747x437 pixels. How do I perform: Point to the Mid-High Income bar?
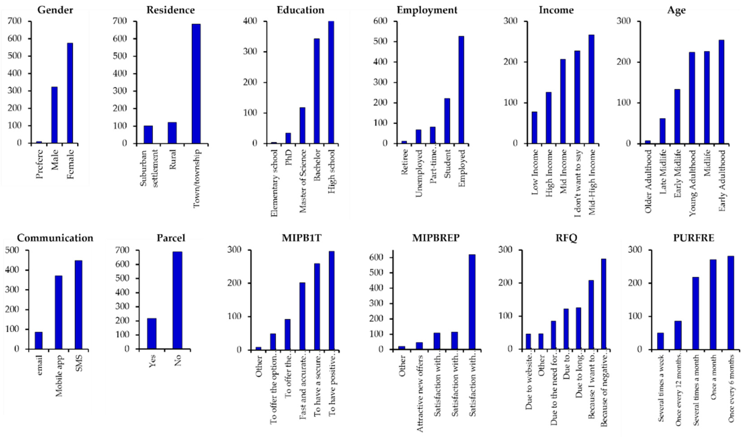tap(591, 89)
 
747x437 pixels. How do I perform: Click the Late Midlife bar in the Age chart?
tap(662, 131)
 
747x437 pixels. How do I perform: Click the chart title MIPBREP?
tap(436, 238)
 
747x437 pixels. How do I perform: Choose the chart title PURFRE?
tap(694, 238)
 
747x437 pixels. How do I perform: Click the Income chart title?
tap(556, 10)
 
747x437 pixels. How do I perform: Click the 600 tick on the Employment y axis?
tap(380, 21)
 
